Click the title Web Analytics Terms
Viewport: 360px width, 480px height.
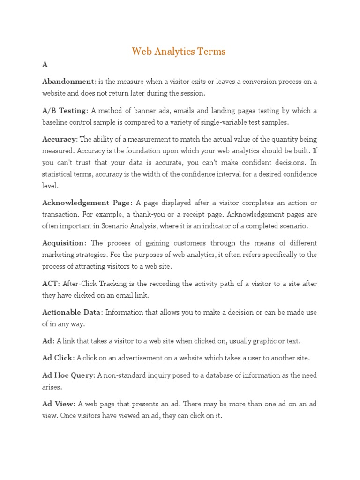click(179, 52)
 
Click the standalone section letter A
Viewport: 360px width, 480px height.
click(45, 65)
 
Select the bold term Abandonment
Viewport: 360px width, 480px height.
click(68, 82)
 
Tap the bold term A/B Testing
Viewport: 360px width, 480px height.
click(64, 111)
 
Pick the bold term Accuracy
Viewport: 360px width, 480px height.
click(59, 139)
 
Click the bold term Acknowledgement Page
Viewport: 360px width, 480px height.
click(86, 202)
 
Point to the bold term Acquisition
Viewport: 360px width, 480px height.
click(63, 243)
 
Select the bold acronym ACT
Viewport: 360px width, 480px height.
click(50, 284)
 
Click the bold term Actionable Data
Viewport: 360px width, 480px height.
click(71, 312)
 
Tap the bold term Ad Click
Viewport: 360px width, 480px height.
click(57, 358)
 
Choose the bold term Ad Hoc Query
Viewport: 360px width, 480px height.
click(68, 375)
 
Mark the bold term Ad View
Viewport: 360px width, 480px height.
click(58, 404)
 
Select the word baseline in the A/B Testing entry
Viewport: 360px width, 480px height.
click(56, 122)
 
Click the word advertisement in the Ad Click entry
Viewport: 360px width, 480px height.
click(135, 358)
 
